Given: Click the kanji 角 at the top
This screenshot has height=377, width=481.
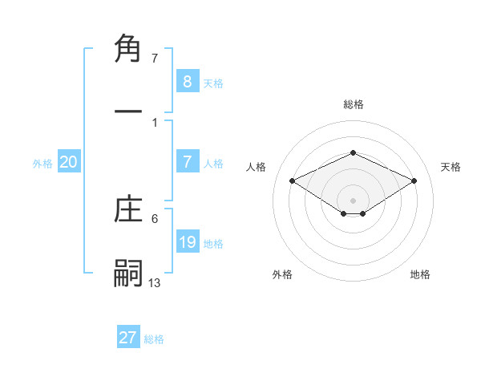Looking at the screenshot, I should coord(128,50).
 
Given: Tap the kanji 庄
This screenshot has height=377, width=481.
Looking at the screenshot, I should coord(128,210).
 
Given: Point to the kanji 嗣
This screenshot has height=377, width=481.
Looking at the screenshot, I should coord(128,273).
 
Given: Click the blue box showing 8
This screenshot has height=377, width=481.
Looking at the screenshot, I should coord(187,81).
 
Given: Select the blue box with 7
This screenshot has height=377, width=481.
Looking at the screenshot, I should coord(187,162).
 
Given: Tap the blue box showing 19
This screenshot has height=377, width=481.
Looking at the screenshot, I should coord(187,242).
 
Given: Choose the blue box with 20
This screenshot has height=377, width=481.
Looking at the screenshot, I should coord(69,162).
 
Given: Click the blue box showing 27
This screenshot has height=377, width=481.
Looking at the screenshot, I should coord(128,338).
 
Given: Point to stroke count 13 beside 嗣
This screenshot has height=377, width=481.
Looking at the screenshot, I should coord(155,282).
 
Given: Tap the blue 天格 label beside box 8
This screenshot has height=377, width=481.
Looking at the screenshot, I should coord(213,83).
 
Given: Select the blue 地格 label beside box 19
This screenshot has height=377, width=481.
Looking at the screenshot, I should coord(213,244).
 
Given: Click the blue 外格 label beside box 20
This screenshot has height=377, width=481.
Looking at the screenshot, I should coord(42,164).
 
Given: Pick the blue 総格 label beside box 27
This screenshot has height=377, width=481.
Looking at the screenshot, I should coord(154,339).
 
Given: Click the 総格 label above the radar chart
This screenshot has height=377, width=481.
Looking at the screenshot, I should coord(353,104).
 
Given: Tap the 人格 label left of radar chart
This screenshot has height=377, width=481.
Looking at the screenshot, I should coord(256,167).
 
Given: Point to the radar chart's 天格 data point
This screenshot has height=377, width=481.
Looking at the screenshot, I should coord(414,180).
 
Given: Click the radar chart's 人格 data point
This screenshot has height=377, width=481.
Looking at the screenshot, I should coord(292,180).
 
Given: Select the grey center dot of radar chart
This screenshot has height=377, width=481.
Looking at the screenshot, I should coord(353,200).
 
